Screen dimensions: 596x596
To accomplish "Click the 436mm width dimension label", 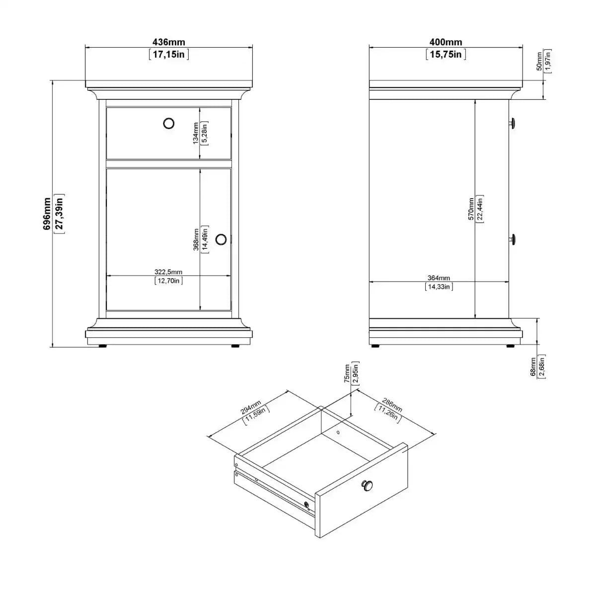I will pos(169,43).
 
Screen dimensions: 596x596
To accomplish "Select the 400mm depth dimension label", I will pos(446,43).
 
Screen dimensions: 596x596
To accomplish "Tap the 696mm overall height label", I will pos(46,214).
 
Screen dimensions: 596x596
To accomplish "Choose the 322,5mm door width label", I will pos(168,272).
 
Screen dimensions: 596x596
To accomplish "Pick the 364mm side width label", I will pos(439,278).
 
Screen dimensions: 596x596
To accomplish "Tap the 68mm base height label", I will pos(533,367).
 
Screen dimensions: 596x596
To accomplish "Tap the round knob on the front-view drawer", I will pos(169,123).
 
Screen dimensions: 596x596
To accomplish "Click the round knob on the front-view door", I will pos(221,239).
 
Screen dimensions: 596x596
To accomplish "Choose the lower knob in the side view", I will pos(513,239).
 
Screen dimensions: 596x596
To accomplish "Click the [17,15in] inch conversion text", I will pos(169,54).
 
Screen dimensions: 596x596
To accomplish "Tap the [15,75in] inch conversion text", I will pos(446,54).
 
